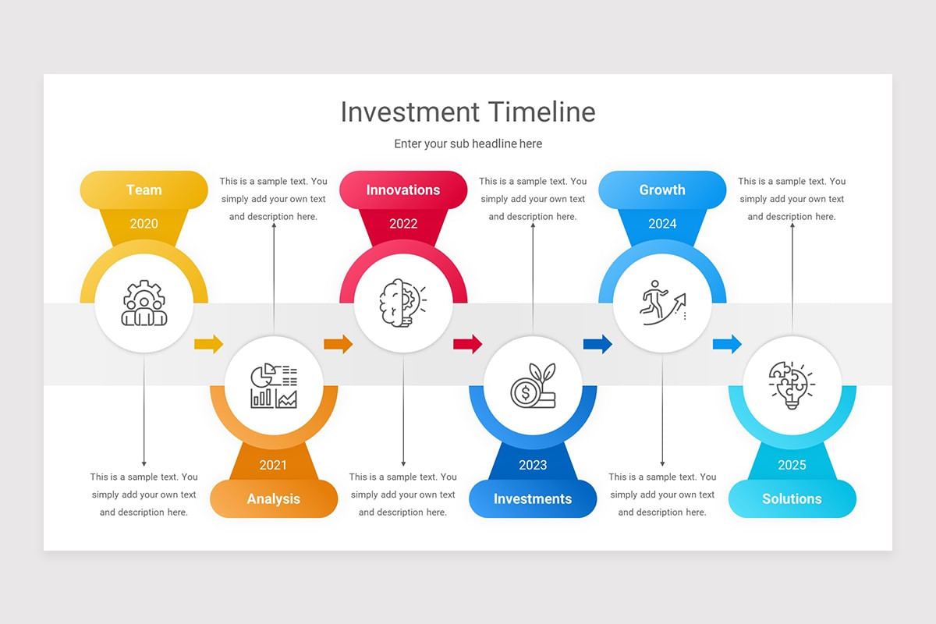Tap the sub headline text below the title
point(468,144)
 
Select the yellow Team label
point(144,190)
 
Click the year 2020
point(144,224)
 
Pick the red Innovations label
point(403,190)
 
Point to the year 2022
point(403,224)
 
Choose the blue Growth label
point(662,190)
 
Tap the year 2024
point(662,224)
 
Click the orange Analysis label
point(274,499)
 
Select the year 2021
point(274,466)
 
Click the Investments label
point(533,499)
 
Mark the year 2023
point(533,466)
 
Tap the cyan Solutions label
point(792,499)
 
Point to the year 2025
point(792,466)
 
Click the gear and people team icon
point(144,303)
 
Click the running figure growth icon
point(662,303)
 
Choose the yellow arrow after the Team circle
point(208,344)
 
